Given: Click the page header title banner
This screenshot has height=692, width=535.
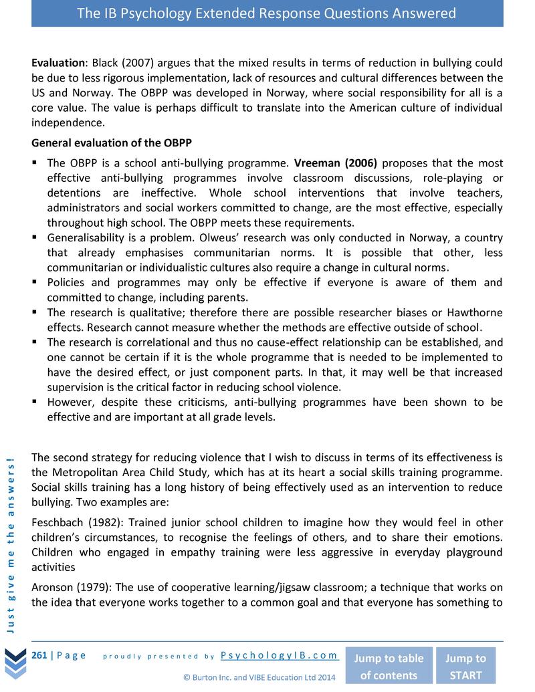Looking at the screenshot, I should (x=267, y=13).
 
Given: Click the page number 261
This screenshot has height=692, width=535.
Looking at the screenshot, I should (x=39, y=655).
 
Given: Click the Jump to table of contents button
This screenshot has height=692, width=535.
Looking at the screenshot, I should (x=388, y=666).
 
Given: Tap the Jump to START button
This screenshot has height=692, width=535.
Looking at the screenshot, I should (x=465, y=666).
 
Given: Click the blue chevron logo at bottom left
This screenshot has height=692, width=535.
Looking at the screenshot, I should (x=15, y=662).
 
